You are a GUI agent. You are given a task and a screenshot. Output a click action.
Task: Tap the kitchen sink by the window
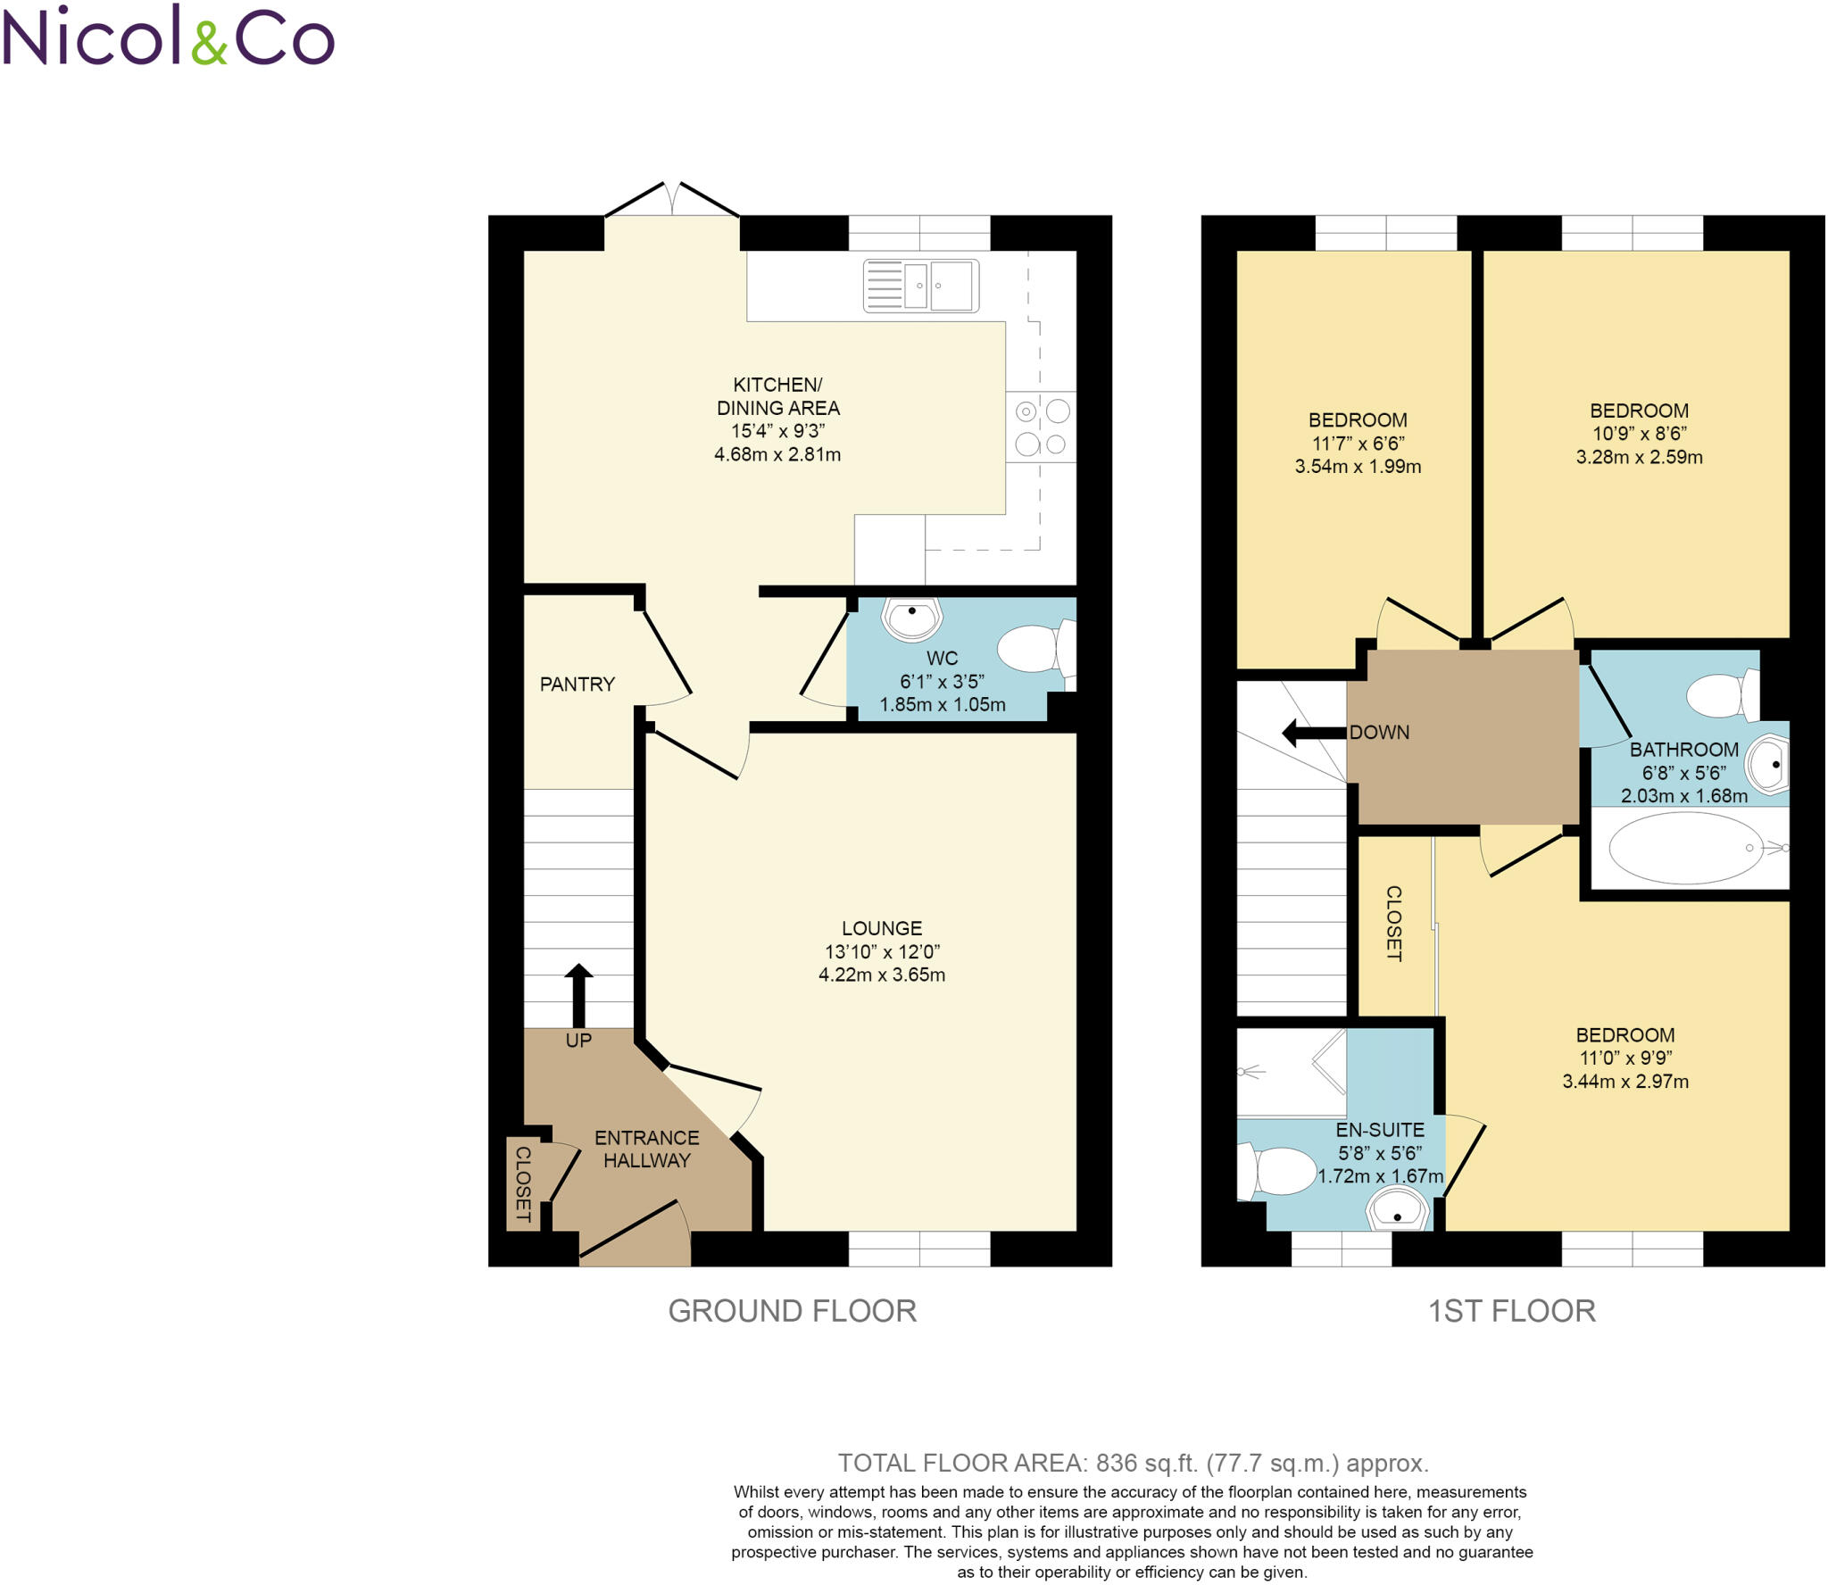[x=920, y=286]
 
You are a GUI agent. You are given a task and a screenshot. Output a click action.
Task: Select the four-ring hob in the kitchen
[x=1041, y=427]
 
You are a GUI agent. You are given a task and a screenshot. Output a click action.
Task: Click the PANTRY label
[x=577, y=685]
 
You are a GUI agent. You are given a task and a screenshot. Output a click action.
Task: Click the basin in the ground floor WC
[x=911, y=618]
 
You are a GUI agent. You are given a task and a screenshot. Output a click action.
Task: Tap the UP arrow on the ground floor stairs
[x=578, y=995]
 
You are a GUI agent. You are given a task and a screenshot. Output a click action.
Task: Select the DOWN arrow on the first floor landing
[x=1313, y=733]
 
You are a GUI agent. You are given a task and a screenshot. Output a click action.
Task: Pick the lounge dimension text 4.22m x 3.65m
[x=881, y=975]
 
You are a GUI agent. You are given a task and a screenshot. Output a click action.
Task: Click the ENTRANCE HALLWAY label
[x=646, y=1149]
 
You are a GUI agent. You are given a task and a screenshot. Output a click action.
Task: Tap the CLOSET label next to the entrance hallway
[x=523, y=1184]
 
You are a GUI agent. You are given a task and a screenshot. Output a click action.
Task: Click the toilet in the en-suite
[x=1278, y=1171]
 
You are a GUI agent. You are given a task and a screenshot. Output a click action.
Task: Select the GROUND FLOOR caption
[x=792, y=1311]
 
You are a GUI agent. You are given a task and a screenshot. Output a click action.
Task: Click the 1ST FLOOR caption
[x=1511, y=1311]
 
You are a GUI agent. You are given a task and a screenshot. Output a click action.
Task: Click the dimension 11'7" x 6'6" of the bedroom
[x=1358, y=444]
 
